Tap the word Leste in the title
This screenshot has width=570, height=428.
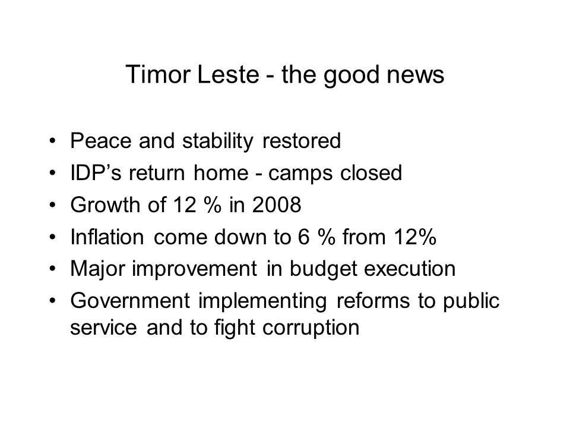229,74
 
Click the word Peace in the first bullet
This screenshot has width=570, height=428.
101,140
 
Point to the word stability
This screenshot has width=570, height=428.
217,141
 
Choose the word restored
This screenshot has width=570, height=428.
302,141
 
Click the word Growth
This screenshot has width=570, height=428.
105,204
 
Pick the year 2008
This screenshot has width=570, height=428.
277,204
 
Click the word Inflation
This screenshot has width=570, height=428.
107,237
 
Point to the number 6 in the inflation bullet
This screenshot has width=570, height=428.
304,237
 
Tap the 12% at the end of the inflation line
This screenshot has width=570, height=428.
415,237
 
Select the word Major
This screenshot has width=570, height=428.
97,269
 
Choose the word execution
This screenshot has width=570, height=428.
410,269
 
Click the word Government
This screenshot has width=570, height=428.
130,301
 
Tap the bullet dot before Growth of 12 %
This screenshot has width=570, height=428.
53,205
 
